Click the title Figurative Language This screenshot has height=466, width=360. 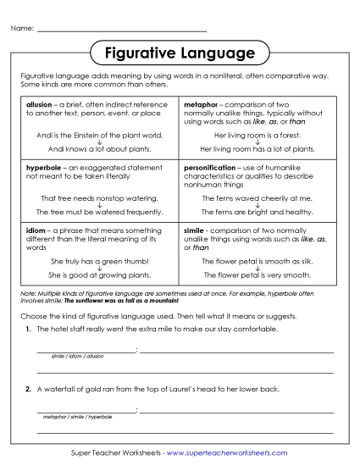(180, 54)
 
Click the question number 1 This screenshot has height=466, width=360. (29, 328)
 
